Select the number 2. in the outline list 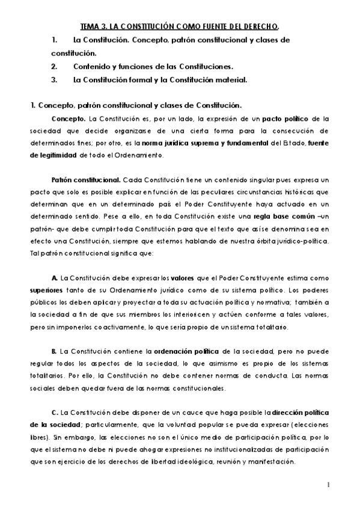click(54, 66)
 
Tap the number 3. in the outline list click(54, 79)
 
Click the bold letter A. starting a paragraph click(55, 277)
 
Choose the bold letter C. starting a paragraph click(55, 413)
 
